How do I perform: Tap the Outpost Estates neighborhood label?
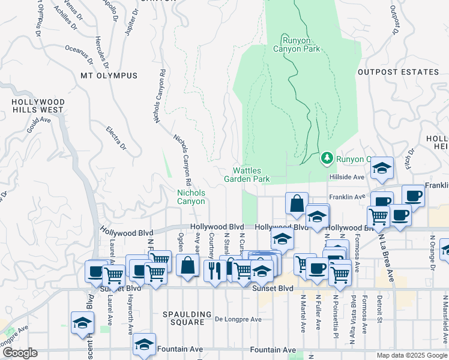[x=398, y=72]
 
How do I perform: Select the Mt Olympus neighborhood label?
[x=109, y=76]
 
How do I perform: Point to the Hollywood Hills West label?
[x=38, y=106]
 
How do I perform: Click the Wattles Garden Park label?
[x=247, y=175]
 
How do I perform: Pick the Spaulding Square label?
[x=187, y=318]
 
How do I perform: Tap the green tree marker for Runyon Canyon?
[x=327, y=158]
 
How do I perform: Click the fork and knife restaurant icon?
[x=214, y=271]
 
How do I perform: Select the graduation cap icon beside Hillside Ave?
[x=381, y=169]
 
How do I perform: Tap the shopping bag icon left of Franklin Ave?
[x=297, y=203]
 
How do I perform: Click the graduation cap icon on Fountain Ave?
[x=144, y=344]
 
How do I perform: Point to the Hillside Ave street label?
[x=346, y=178]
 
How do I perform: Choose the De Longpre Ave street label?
[x=238, y=319]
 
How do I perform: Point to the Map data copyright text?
[x=412, y=355]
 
